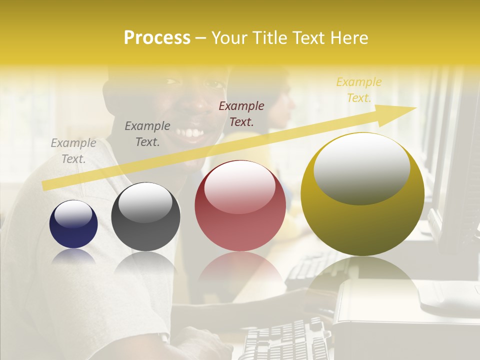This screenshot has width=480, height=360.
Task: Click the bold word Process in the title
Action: [x=157, y=38]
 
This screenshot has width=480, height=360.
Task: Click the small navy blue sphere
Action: [x=73, y=224]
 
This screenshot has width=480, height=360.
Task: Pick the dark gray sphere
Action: [x=145, y=217]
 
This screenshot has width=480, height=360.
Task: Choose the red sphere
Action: [x=240, y=206]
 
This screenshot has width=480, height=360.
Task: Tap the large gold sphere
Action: [x=362, y=195]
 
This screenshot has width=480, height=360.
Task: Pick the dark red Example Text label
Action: [x=241, y=113]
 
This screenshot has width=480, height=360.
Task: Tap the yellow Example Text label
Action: [x=359, y=89]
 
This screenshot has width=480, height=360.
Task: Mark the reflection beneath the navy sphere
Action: [x=73, y=256]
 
